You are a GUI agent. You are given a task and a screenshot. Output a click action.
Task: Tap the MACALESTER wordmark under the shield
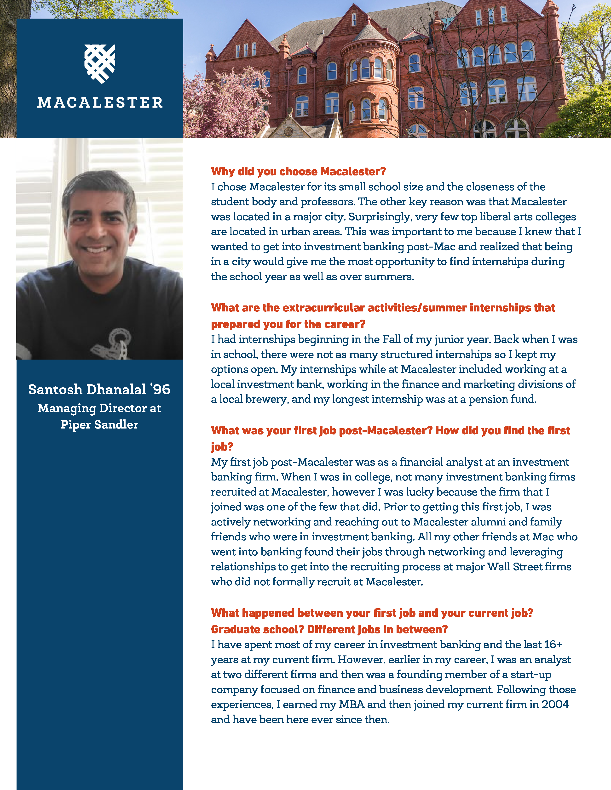click(x=100, y=103)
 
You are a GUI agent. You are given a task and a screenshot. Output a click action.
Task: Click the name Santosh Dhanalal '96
click(x=99, y=389)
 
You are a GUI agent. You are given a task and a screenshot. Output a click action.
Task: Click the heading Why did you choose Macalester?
click(x=298, y=171)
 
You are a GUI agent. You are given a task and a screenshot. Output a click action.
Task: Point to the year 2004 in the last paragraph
click(x=555, y=704)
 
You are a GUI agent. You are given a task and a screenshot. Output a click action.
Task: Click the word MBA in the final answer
click(x=352, y=704)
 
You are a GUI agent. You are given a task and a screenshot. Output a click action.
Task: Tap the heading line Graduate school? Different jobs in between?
click(x=329, y=629)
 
